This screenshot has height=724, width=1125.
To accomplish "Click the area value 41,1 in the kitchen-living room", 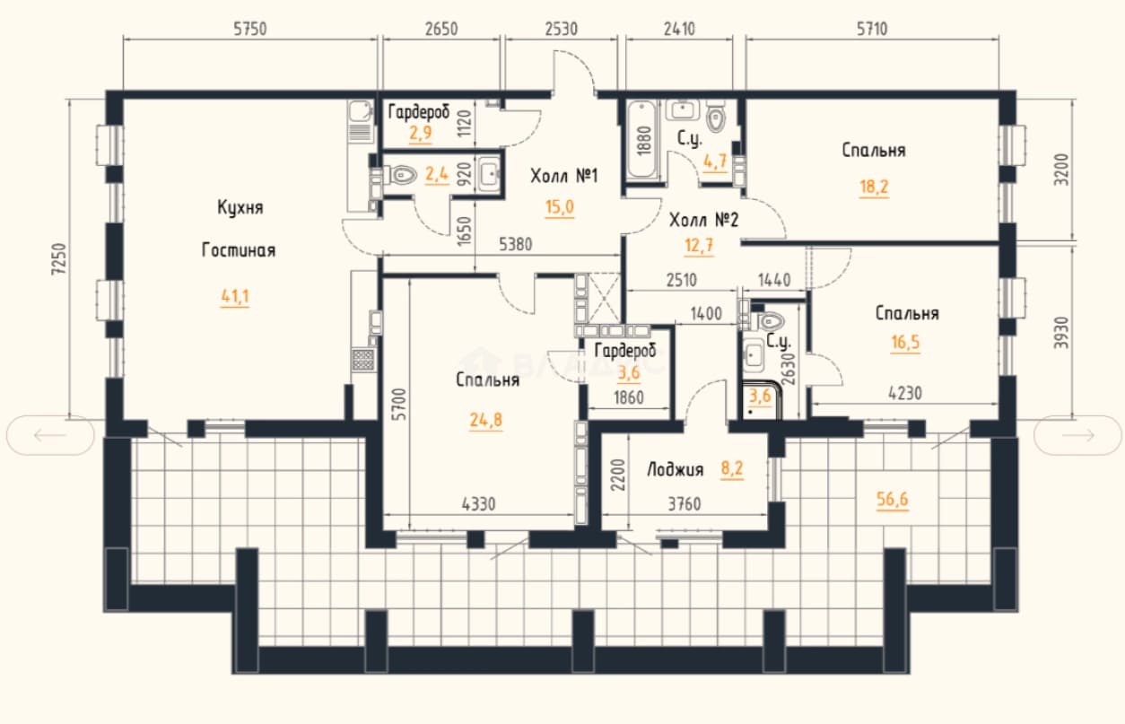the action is pos(234,297).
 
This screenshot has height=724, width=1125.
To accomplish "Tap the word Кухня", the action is pos(240,207).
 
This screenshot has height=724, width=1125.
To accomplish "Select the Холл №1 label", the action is pos(564,176).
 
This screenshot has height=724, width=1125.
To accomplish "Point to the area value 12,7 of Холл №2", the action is pos(699,246).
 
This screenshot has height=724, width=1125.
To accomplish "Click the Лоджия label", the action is pos(675,470).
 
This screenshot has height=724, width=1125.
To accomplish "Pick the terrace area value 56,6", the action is pos(893,500).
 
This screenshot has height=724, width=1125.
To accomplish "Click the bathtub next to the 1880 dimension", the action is pos(641,140).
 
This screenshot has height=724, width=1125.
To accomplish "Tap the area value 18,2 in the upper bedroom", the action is pos(874,187).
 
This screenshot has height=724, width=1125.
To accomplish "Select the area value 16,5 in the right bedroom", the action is pos(905,343).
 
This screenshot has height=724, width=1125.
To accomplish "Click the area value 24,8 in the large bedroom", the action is pos(485,420).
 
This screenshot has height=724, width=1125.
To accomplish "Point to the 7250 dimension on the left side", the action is pos(58,258).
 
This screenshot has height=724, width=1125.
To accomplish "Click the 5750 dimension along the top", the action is pos(250,29).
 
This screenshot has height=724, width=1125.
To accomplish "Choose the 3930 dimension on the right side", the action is pos(1060,332).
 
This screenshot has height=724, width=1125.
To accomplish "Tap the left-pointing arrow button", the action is pos(50,435).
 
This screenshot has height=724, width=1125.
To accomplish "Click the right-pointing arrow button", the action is pos(1077,435).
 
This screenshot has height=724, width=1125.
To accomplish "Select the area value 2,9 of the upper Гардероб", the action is pos(420,134).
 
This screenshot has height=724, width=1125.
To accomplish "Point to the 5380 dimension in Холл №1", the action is pos(515,245).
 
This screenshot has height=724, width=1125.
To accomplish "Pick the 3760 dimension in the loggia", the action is pos(684,503).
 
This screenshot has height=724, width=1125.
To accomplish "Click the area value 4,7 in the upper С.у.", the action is pos(715,161).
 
